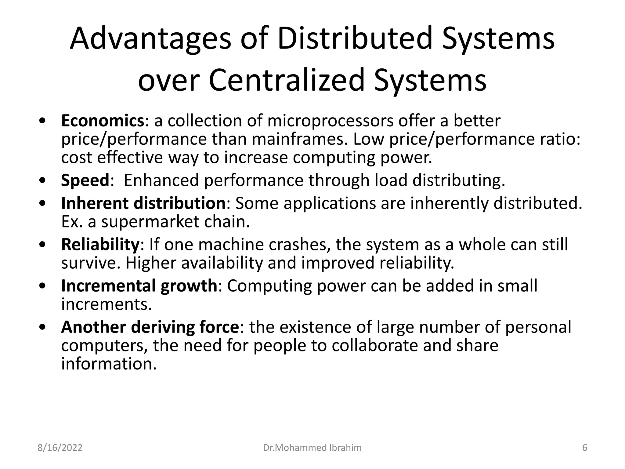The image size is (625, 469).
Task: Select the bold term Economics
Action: pyautogui.click(x=103, y=121)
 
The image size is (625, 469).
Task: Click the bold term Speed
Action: pyautogui.click(x=85, y=180)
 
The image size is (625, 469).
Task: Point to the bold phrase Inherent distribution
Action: pyautogui.click(x=143, y=203)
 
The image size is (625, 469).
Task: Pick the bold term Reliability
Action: pyautogui.click(x=100, y=245)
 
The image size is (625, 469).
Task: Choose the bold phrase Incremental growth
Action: pyautogui.click(x=139, y=286)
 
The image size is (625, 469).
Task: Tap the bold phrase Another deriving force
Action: pyautogui.click(x=150, y=327)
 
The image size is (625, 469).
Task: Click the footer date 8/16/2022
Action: pyautogui.click(x=60, y=448)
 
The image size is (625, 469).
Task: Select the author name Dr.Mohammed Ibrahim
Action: pyautogui.click(x=312, y=448)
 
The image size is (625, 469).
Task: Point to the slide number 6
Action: pyautogui.click(x=585, y=448)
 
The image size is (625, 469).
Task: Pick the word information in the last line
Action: pyautogui.click(x=109, y=364)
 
